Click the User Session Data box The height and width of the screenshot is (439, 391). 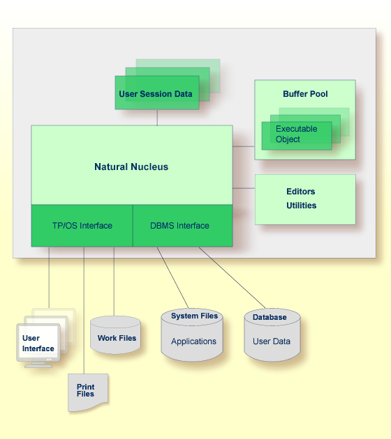[x=157, y=93]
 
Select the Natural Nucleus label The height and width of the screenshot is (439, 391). [x=131, y=167]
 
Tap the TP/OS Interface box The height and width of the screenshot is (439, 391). [x=82, y=226]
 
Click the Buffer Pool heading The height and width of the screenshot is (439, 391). [x=305, y=94]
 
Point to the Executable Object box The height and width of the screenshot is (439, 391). [x=297, y=135]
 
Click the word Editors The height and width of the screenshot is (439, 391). [x=301, y=192]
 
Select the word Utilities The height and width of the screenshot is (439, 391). [x=301, y=206]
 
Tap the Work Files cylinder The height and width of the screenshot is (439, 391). [x=115, y=335]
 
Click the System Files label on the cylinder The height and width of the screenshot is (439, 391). [x=194, y=316]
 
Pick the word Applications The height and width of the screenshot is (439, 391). [x=193, y=341]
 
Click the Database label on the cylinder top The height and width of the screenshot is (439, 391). [x=270, y=317]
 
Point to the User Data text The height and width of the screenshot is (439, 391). [x=271, y=341]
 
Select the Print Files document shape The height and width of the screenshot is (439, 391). [x=88, y=392]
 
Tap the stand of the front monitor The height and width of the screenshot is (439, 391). [x=38, y=365]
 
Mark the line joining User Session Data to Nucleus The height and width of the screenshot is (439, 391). [x=157, y=118]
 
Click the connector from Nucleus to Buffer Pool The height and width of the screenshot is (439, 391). [x=244, y=146]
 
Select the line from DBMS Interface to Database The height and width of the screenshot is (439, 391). [x=232, y=277]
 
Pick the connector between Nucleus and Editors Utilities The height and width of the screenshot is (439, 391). [x=244, y=188]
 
